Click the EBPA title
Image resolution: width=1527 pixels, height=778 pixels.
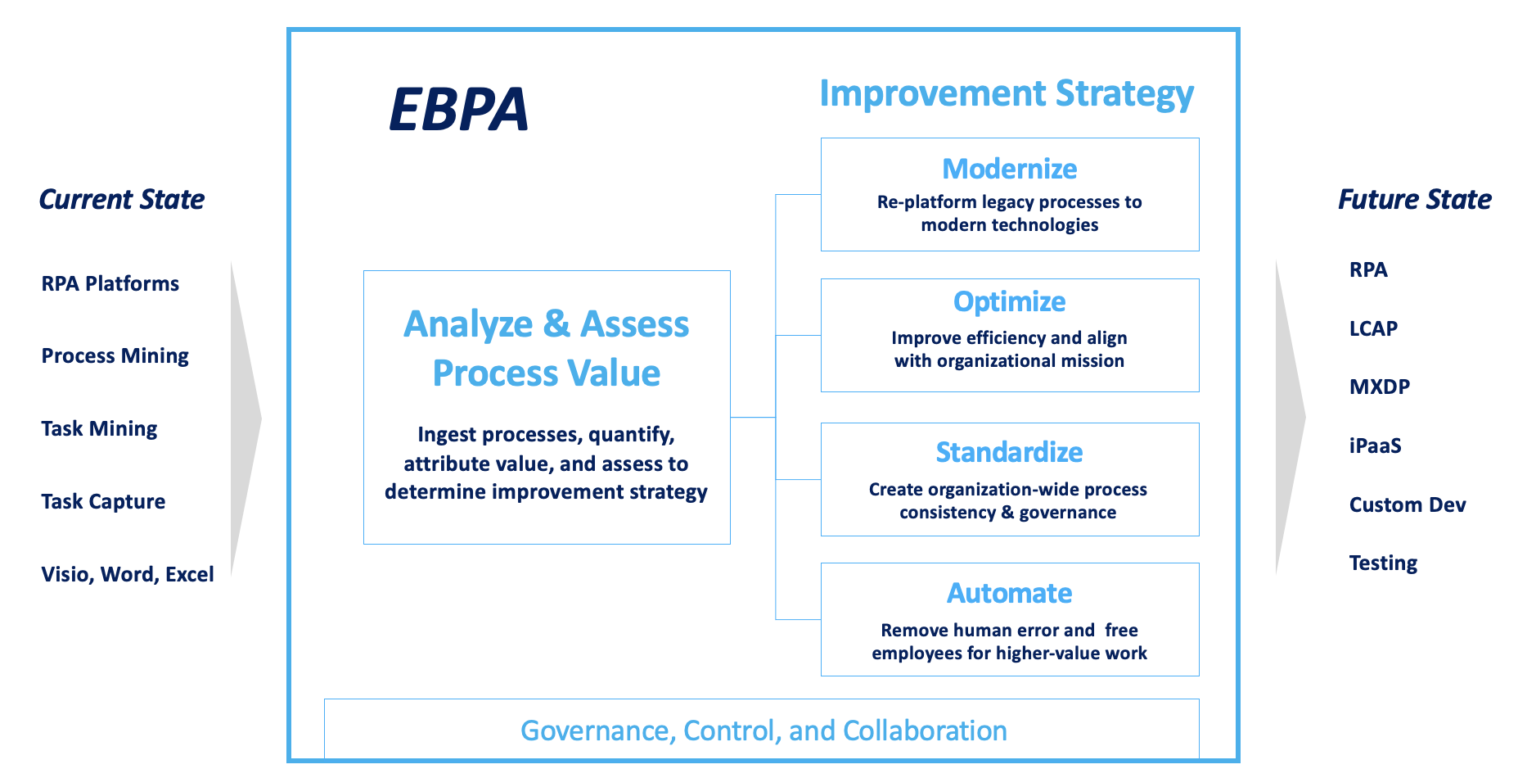(458, 110)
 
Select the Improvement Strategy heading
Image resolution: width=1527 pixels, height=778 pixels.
(1007, 94)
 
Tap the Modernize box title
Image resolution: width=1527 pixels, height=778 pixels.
(1009, 169)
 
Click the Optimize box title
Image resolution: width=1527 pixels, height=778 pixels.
(1009, 302)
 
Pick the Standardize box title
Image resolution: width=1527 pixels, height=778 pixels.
(1009, 452)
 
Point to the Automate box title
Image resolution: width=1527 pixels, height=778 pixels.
(1009, 593)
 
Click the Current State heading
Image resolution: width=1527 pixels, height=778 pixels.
(122, 199)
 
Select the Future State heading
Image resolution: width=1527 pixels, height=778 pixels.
(1414, 199)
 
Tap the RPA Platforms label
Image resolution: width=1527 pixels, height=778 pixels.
(110, 283)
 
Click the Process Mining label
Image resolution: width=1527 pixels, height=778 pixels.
(115, 355)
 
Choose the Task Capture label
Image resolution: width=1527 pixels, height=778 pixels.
(103, 501)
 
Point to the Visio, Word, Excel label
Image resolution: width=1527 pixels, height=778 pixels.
(127, 574)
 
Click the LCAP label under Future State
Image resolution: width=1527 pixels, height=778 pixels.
(1373, 328)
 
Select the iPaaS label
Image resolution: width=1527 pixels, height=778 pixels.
(1375, 446)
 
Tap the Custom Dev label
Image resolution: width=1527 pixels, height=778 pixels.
(1407, 504)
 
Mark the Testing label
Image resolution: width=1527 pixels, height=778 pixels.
(1383, 563)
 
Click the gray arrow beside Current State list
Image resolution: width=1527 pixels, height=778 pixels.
(244, 418)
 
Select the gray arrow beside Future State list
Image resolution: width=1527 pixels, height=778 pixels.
(1288, 418)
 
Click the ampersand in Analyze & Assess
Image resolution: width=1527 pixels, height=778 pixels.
(556, 324)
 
